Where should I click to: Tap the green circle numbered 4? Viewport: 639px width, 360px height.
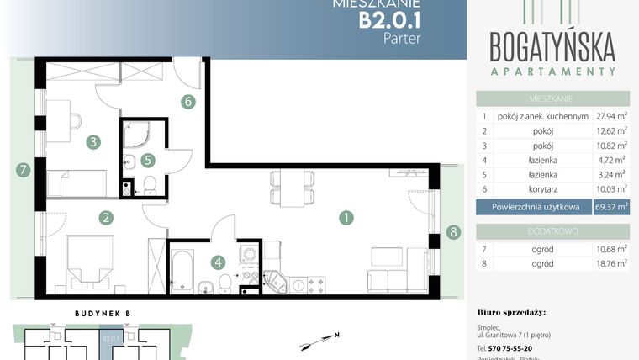219,262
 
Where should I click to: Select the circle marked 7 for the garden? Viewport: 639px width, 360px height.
23,170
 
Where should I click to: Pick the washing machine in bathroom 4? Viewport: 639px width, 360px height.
250,254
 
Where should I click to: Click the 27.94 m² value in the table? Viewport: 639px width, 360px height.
612,117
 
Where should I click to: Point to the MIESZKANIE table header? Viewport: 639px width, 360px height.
552,98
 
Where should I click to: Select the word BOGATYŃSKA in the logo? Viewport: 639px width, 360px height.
552,44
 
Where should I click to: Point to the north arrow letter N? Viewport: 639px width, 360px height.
335,335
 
